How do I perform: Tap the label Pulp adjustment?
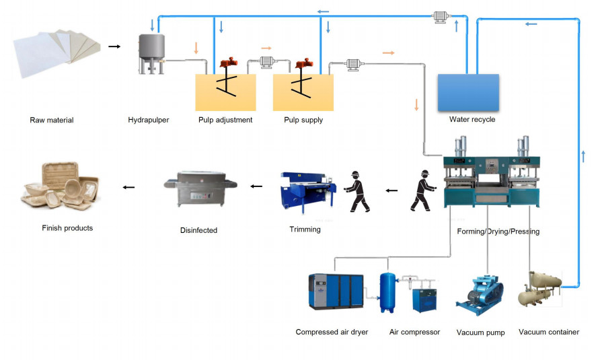coord(225,120)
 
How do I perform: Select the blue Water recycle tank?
coord(468,92)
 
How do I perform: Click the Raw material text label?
coord(52,120)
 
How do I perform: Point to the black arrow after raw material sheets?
coord(114,46)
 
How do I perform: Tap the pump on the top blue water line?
coord(441,17)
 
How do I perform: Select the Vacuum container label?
coord(549,332)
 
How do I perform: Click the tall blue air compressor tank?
coord(387,292)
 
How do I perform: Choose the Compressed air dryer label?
coord(332,332)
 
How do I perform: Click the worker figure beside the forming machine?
coord(422,191)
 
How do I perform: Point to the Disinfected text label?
coord(198,230)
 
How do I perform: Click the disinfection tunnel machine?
coord(199,190)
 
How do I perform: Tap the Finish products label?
coord(67,228)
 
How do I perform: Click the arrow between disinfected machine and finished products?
coord(128,186)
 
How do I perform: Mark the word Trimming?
coord(305,229)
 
